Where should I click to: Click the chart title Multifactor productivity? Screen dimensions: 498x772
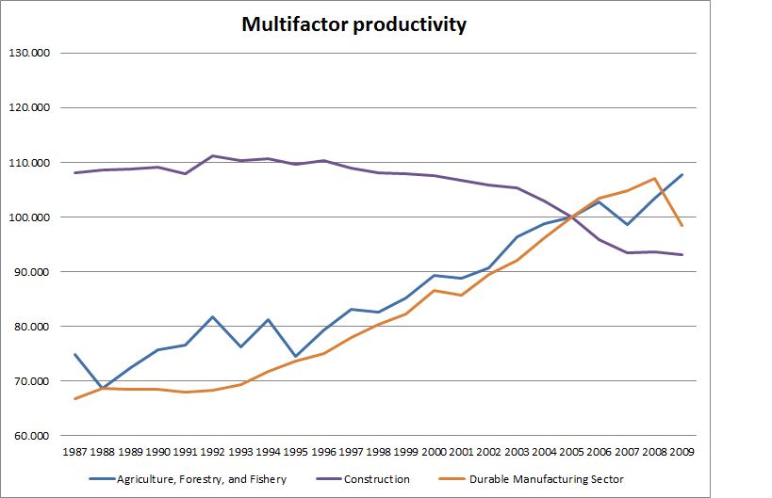354,25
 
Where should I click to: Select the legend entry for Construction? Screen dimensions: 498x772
377,479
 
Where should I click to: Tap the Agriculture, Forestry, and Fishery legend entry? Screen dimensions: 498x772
201,479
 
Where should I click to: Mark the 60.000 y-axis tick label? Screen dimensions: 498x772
30,436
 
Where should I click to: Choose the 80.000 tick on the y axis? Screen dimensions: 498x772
30,327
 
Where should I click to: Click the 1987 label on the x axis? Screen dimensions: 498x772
74,453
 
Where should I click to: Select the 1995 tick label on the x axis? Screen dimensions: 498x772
294,453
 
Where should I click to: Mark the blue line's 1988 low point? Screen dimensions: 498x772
102,388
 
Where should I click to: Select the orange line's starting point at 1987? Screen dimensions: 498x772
74,399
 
